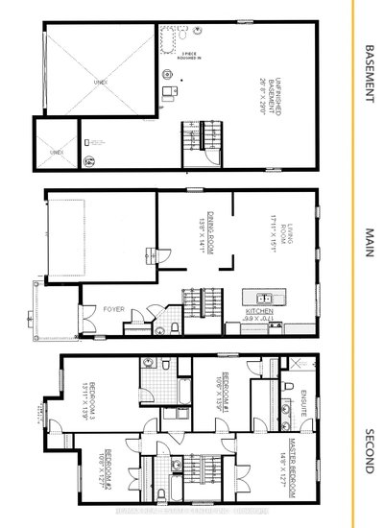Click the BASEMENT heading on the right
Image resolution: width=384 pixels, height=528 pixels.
click(x=370, y=75)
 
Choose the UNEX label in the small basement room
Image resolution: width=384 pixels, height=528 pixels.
click(x=57, y=152)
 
